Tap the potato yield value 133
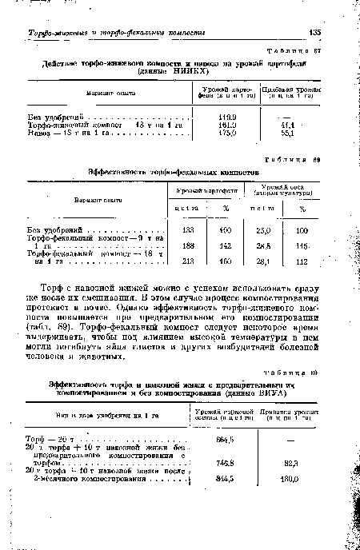190,229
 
